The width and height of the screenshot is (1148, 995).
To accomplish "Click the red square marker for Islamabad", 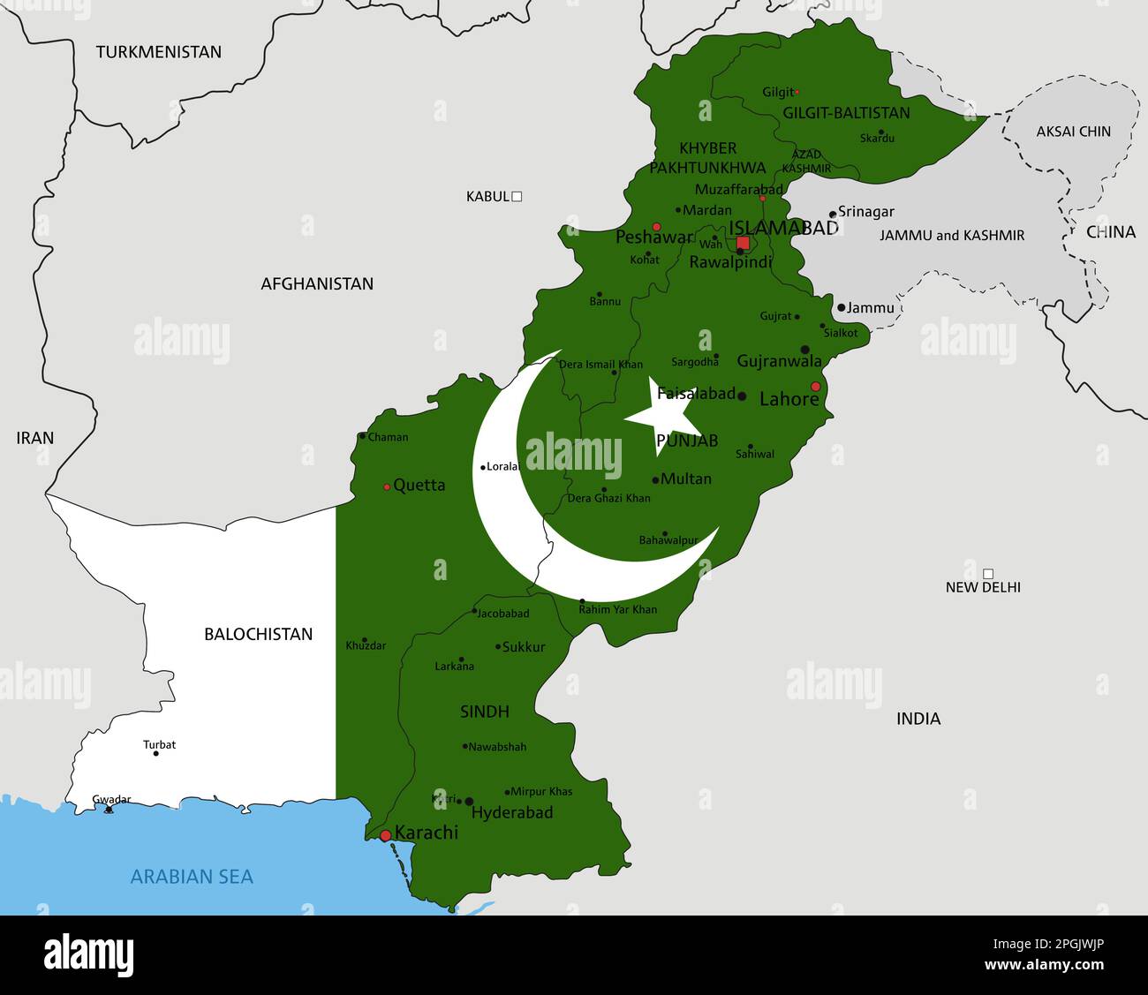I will click(x=743, y=243).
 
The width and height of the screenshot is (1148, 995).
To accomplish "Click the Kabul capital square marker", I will click(x=517, y=196).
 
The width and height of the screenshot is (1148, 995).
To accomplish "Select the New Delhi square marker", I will click(x=988, y=574).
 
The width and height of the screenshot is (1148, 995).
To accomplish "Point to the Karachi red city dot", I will click(x=385, y=835).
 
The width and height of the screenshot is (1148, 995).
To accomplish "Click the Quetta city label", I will click(x=419, y=485).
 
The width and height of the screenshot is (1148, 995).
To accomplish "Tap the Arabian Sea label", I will click(x=192, y=877).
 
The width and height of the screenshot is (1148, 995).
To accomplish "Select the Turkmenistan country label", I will click(x=159, y=52).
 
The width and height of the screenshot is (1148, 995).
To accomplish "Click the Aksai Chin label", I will click(x=1073, y=132).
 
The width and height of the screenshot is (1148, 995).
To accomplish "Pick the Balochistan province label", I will click(x=258, y=634).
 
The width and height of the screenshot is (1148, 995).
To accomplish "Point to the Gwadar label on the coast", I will click(x=111, y=800).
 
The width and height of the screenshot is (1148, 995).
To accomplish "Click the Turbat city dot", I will click(x=156, y=754).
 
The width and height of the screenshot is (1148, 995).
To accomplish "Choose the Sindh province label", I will click(x=484, y=712).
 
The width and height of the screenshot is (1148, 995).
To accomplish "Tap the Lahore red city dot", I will click(x=815, y=387).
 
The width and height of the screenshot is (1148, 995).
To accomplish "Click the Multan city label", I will click(x=686, y=479).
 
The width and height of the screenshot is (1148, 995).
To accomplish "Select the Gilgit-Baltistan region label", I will click(x=845, y=113).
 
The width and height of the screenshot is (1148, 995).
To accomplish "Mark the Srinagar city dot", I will click(x=832, y=215).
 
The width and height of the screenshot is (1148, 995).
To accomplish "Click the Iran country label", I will click(x=35, y=438).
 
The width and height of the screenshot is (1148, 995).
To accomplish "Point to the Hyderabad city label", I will click(x=512, y=812).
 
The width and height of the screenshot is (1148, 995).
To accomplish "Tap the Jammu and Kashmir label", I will click(x=951, y=236).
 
